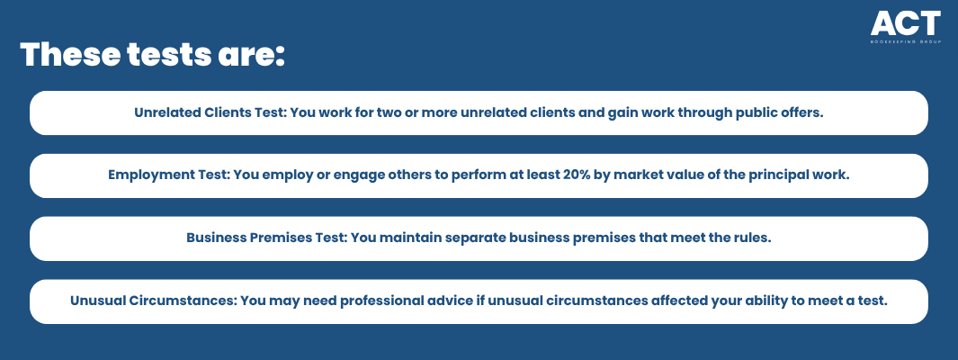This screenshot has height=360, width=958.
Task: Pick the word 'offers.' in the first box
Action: [801, 113]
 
